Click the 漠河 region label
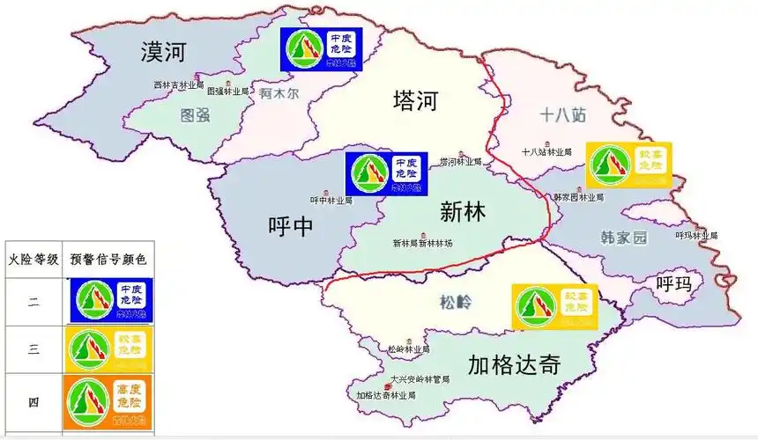pos(164,53)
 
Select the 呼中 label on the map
pos(290,227)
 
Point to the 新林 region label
pos(463,211)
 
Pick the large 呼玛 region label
pos(674,283)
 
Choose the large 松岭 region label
pos(456,303)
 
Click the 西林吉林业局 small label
pos(177,85)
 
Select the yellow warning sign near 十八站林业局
pos(629,165)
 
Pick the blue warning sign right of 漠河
pos(322,49)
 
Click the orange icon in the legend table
pos(108,404)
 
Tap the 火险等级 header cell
pos(33,260)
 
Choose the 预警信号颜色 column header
pos(108,260)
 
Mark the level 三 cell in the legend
pos(33,349)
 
